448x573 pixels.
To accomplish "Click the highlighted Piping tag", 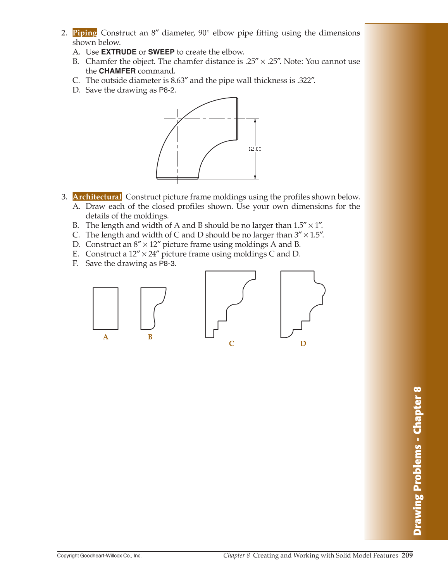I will pyautogui.click(x=84, y=33).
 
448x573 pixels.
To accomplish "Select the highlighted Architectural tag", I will pyautogui.click(x=97, y=197).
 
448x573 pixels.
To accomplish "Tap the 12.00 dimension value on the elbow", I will pyautogui.click(x=255, y=149).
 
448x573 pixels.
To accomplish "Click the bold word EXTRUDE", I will pyautogui.click(x=119, y=52).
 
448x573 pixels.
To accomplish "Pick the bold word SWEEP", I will pyautogui.click(x=161, y=52).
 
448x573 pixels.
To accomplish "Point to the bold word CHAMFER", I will pyautogui.click(x=117, y=71).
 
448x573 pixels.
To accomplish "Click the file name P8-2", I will pyautogui.click(x=167, y=90).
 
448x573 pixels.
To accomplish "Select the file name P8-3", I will pyautogui.click(x=167, y=263).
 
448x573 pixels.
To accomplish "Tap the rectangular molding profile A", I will pyautogui.click(x=105, y=308).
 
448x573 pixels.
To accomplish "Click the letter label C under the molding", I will pyautogui.click(x=231, y=344).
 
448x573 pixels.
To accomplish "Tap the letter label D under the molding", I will pyautogui.click(x=303, y=344).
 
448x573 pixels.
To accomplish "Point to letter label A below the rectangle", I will pyautogui.click(x=105, y=337).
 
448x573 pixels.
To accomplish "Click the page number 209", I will pyautogui.click(x=407, y=555).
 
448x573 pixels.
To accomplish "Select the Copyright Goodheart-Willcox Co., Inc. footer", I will pyautogui.click(x=99, y=556).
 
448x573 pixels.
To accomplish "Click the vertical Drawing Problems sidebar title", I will pyautogui.click(x=417, y=461).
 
